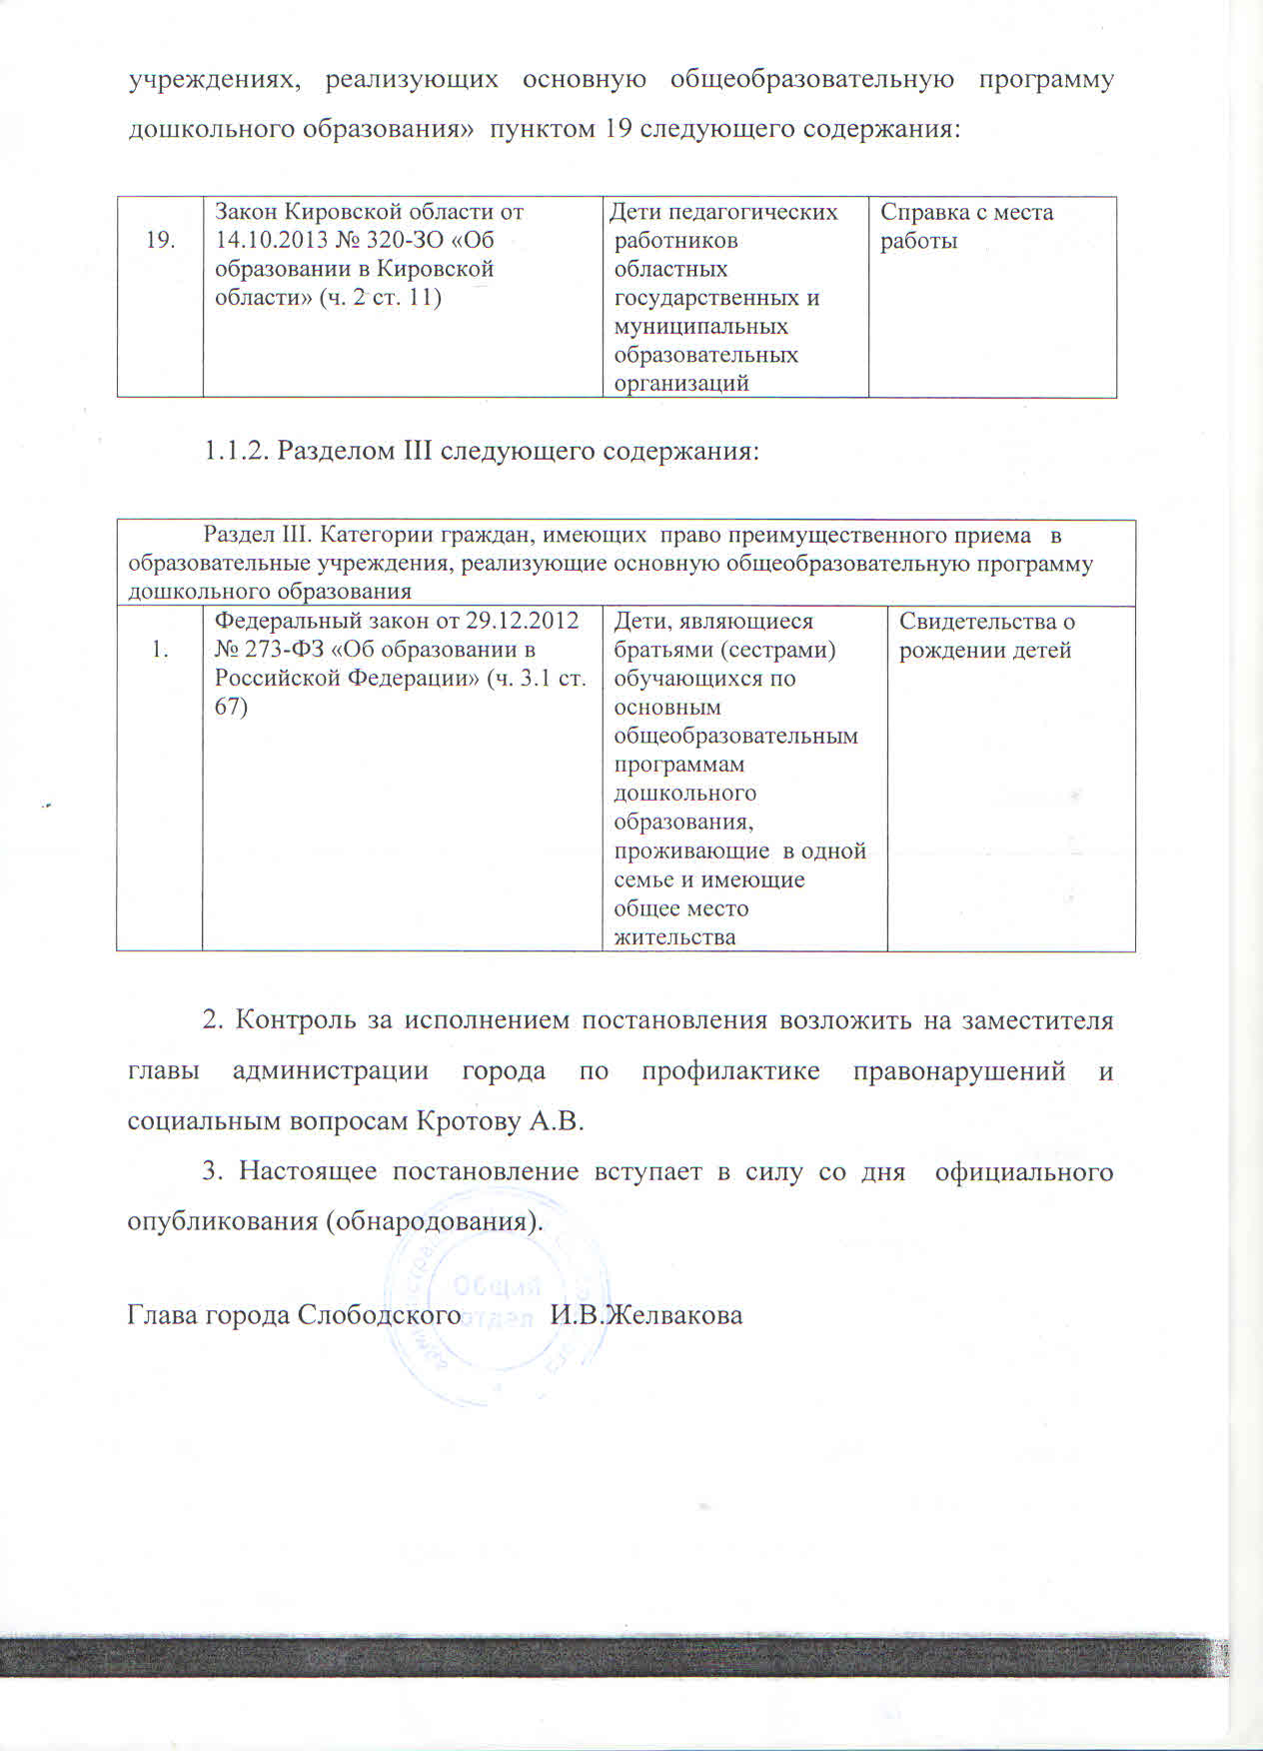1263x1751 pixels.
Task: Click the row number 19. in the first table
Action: tap(160, 240)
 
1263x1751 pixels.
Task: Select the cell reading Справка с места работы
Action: tap(965, 227)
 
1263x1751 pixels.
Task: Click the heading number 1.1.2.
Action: tap(236, 452)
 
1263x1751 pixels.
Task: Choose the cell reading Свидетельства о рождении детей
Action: tap(986, 636)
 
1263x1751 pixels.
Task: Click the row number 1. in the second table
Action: tap(160, 650)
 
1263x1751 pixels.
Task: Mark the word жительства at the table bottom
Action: tap(674, 937)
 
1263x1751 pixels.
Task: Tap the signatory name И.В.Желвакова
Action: tap(646, 1314)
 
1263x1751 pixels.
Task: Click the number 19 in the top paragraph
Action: tap(618, 130)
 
